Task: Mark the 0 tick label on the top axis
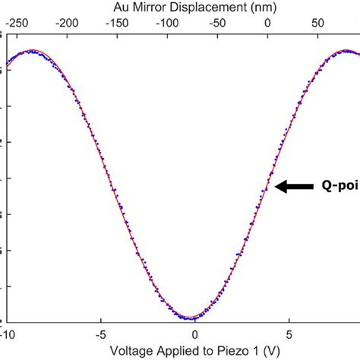[267, 24]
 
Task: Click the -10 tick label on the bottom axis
[8, 335]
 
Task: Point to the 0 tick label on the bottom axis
[195, 335]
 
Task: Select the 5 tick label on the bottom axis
[289, 335]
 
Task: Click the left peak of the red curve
[29, 51]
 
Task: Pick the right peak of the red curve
[346, 51]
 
